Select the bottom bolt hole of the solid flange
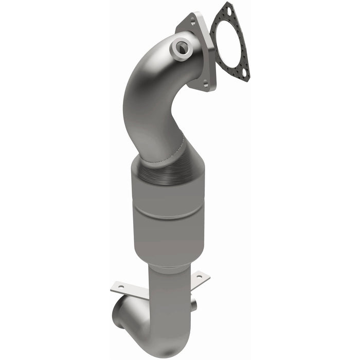tap(206, 83)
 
